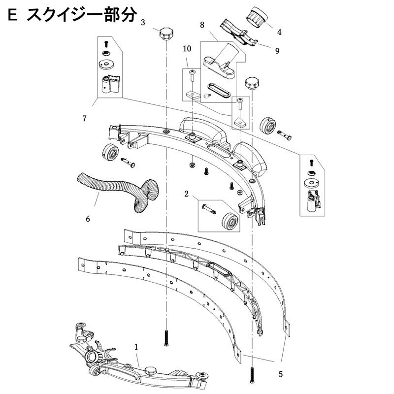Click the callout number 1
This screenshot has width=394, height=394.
tap(136, 347)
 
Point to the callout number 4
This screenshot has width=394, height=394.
tap(279, 33)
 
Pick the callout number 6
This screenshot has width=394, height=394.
tap(88, 218)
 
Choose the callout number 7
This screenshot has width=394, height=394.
tap(85, 118)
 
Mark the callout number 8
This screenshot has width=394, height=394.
tap(202, 24)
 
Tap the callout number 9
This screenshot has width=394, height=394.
tap(277, 50)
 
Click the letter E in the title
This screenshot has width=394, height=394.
tap(14, 16)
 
